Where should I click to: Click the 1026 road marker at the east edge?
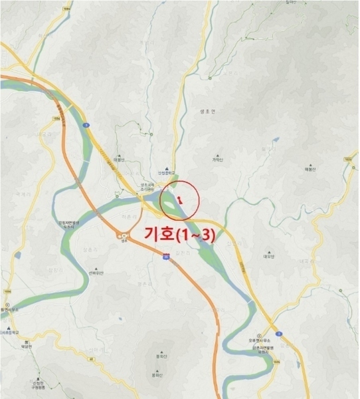click(x=347, y=160)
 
